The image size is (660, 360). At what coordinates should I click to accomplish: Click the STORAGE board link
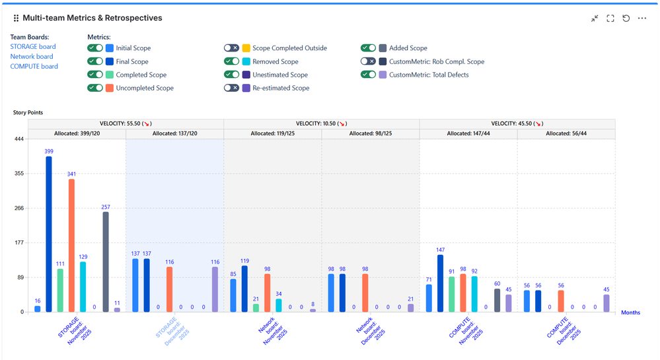(33, 47)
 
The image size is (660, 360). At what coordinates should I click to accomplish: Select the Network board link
(32, 57)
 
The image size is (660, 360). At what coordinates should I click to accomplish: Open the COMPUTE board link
(34, 67)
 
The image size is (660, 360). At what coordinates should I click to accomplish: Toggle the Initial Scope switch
(95, 48)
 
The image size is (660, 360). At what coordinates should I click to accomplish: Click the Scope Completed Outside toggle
(231, 48)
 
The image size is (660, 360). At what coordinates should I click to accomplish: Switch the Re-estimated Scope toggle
(231, 88)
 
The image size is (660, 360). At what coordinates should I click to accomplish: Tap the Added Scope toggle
(369, 48)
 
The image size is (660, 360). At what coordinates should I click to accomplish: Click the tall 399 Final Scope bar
(49, 234)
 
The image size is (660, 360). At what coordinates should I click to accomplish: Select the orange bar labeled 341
(71, 245)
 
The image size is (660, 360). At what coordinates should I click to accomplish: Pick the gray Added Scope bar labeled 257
(106, 262)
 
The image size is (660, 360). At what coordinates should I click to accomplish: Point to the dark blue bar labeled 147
(440, 283)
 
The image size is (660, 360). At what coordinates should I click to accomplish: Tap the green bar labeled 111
(60, 290)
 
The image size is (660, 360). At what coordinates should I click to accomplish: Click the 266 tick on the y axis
(18, 208)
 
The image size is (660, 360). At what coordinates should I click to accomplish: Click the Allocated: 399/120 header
(77, 133)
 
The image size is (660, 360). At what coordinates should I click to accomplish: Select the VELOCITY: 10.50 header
(321, 124)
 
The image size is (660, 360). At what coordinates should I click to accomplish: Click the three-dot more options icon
(642, 18)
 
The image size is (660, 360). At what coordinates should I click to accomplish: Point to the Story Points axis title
(28, 112)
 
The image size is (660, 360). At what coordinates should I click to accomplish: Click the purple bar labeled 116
(215, 289)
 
